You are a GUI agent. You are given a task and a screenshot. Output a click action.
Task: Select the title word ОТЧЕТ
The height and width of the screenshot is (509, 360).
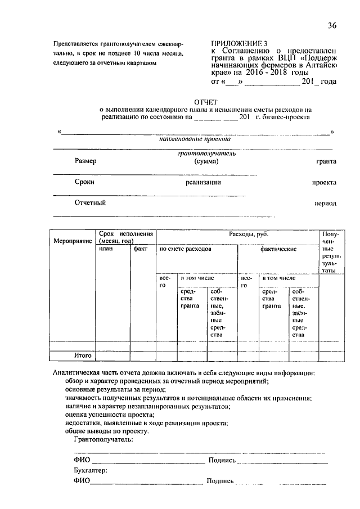pos(201,102)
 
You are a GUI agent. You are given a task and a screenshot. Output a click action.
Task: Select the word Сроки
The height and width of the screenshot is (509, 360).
pos(84,182)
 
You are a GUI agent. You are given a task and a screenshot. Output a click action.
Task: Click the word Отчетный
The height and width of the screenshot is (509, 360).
pos(90,202)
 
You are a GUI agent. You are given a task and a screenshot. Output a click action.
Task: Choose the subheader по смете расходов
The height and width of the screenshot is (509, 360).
pos(185,248)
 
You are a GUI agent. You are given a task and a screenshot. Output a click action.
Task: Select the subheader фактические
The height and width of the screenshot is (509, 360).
pos(278,248)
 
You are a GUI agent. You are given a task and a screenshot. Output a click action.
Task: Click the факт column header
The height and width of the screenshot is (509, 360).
pos(141,248)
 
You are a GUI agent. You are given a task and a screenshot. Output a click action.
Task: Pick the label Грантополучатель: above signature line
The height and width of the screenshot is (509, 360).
pos(103,439)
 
